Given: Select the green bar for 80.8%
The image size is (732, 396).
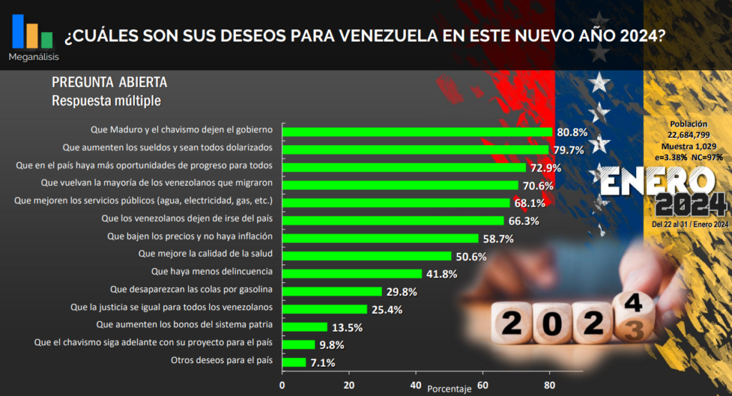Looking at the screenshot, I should (417, 132).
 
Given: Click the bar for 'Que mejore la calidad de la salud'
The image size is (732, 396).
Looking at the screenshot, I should (367, 256).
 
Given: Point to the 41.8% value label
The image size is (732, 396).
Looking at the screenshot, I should (442, 274).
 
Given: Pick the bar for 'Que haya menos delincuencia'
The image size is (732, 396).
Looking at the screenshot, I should (352, 274).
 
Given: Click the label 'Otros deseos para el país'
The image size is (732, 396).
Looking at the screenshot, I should (222, 361).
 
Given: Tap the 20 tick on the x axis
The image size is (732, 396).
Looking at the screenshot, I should (349, 387).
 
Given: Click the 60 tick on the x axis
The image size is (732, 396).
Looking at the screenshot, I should (482, 387).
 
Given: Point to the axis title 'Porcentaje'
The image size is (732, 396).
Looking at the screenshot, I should (449, 390).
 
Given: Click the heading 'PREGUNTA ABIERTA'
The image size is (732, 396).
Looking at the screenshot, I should (109, 82).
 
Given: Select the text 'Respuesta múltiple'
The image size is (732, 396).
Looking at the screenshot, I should (106, 101).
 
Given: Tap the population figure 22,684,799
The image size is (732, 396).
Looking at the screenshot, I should (688, 134).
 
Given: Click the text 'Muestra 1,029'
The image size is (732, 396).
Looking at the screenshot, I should (688, 146).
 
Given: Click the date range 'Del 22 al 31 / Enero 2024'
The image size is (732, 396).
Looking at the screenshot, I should (690, 224).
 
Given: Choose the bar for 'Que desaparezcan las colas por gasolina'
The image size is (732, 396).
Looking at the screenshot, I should (332, 291).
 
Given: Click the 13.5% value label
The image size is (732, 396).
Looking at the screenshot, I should (347, 328).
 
